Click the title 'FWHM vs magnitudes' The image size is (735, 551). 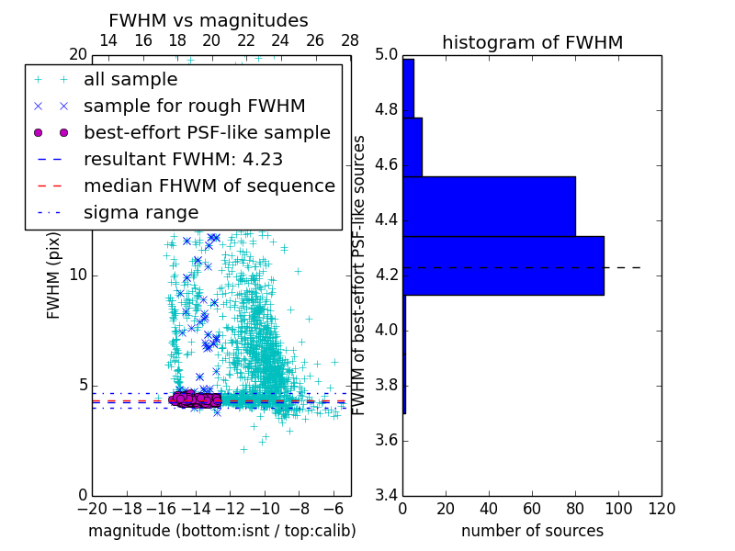click(209, 21)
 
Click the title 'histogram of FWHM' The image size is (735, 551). click(532, 42)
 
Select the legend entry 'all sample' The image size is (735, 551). click(130, 80)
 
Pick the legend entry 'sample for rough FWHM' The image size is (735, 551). click(194, 107)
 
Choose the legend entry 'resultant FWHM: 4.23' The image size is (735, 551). click(183, 160)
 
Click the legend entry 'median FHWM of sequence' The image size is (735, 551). click(209, 186)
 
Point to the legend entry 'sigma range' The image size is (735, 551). click(141, 213)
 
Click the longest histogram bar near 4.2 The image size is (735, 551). click(503, 265)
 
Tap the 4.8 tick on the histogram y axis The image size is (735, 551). click(386, 110)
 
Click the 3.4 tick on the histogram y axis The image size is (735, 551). click(386, 495)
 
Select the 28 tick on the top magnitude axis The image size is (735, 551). click(350, 41)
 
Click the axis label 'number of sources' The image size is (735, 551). click(532, 532)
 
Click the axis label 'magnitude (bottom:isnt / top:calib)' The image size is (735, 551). click(221, 532)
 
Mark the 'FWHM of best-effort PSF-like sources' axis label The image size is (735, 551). click(359, 275)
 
